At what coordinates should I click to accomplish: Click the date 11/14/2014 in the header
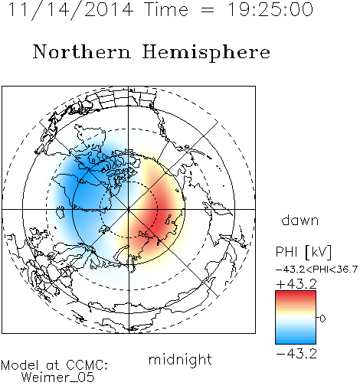pyautogui.click(x=70, y=10)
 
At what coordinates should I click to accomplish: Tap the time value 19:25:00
pyautogui.click(x=270, y=9)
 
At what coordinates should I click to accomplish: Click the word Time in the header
pyautogui.click(x=166, y=9)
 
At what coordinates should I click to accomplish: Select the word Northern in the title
pyautogui.click(x=82, y=51)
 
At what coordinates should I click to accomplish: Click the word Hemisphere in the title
pyautogui.click(x=206, y=53)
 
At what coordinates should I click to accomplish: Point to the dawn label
pyautogui.click(x=300, y=220)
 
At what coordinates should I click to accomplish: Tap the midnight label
pyautogui.click(x=180, y=359)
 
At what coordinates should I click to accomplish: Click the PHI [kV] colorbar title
pyautogui.click(x=303, y=252)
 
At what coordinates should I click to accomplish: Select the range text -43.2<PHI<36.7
pyautogui.click(x=316, y=270)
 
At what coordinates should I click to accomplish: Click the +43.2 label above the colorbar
pyautogui.click(x=296, y=284)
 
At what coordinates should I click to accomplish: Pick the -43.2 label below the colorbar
pyautogui.click(x=296, y=354)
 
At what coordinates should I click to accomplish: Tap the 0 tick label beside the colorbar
pyautogui.click(x=322, y=319)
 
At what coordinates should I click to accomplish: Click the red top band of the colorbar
pyautogui.click(x=296, y=294)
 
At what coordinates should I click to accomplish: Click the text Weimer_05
pyautogui.click(x=58, y=378)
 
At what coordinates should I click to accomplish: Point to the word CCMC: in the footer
pyautogui.click(x=87, y=365)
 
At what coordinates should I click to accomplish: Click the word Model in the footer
pyautogui.click(x=20, y=365)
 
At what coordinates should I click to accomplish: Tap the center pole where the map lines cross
pyautogui.click(x=129, y=210)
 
